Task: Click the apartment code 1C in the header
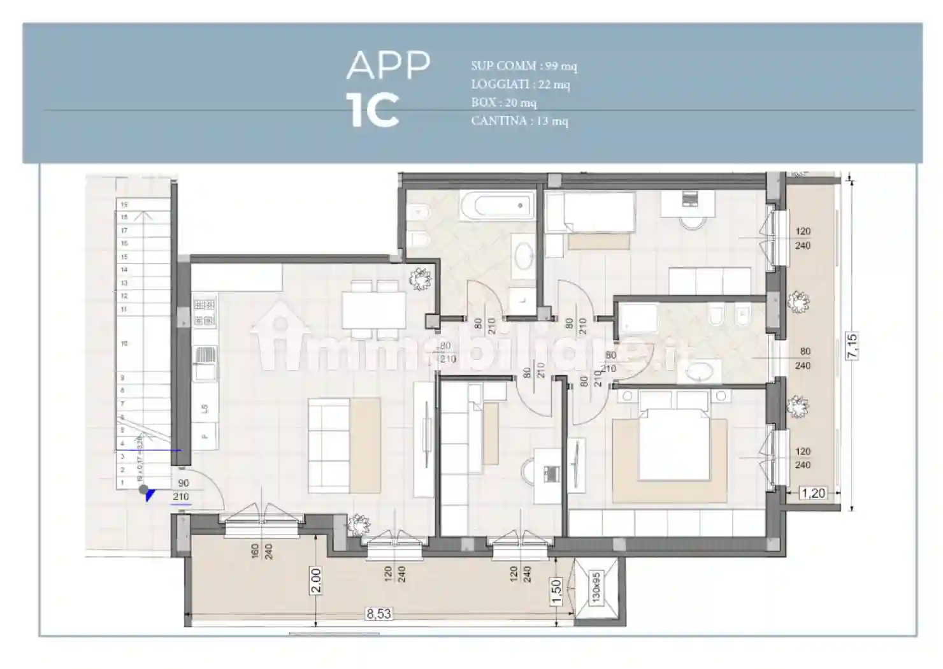(375, 110)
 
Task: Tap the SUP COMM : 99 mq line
(524, 66)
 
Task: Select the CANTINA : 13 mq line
(519, 120)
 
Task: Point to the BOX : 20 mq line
(503, 102)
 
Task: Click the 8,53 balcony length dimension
(378, 614)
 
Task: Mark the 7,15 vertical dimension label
(852, 346)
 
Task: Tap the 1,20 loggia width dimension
(812, 493)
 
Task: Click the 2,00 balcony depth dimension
(316, 580)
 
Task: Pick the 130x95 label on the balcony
(596, 587)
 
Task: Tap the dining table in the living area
(373, 311)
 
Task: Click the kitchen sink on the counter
(205, 362)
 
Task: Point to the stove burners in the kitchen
(205, 313)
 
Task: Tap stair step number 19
(124, 205)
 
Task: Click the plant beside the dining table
(421, 278)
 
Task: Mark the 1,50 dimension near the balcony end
(556, 591)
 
